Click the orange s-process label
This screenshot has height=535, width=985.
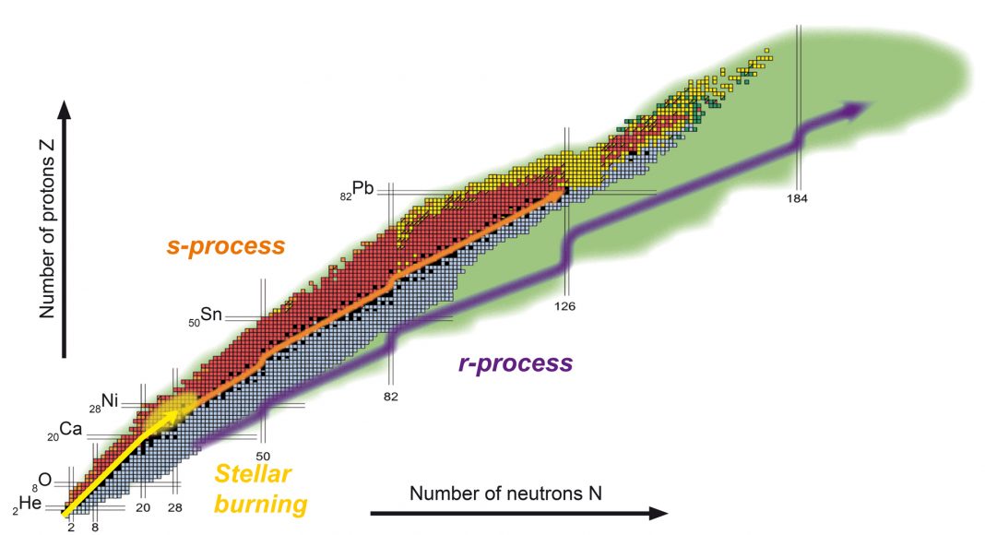click(225, 247)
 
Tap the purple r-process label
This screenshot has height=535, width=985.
click(515, 363)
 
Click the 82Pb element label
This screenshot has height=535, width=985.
click(358, 191)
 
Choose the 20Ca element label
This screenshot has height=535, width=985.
click(67, 431)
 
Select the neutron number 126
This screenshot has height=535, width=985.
click(565, 305)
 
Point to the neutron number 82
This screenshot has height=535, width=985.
click(390, 396)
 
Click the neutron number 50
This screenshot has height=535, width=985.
click(263, 456)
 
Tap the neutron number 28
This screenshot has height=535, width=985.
click(174, 507)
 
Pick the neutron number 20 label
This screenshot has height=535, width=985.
click(142, 507)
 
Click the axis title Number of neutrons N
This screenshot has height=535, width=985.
click(505, 493)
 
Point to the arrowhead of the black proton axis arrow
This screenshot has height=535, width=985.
click(64, 111)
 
